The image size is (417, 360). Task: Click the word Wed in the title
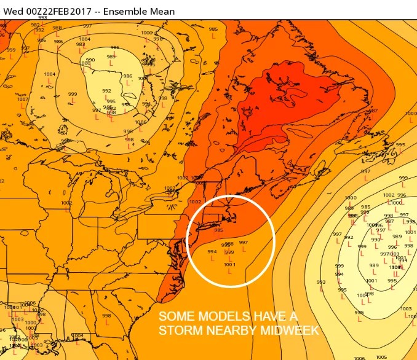coord(12,11)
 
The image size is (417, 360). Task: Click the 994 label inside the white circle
coord(212,252)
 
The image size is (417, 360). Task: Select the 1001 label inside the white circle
coord(229,265)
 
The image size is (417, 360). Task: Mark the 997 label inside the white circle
coord(244,243)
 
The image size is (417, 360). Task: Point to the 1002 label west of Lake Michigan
coord(66,203)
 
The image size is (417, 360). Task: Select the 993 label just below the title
coord(42,18)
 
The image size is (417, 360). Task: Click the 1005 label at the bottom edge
coord(381,357)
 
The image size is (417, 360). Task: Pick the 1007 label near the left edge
coord(22,99)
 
